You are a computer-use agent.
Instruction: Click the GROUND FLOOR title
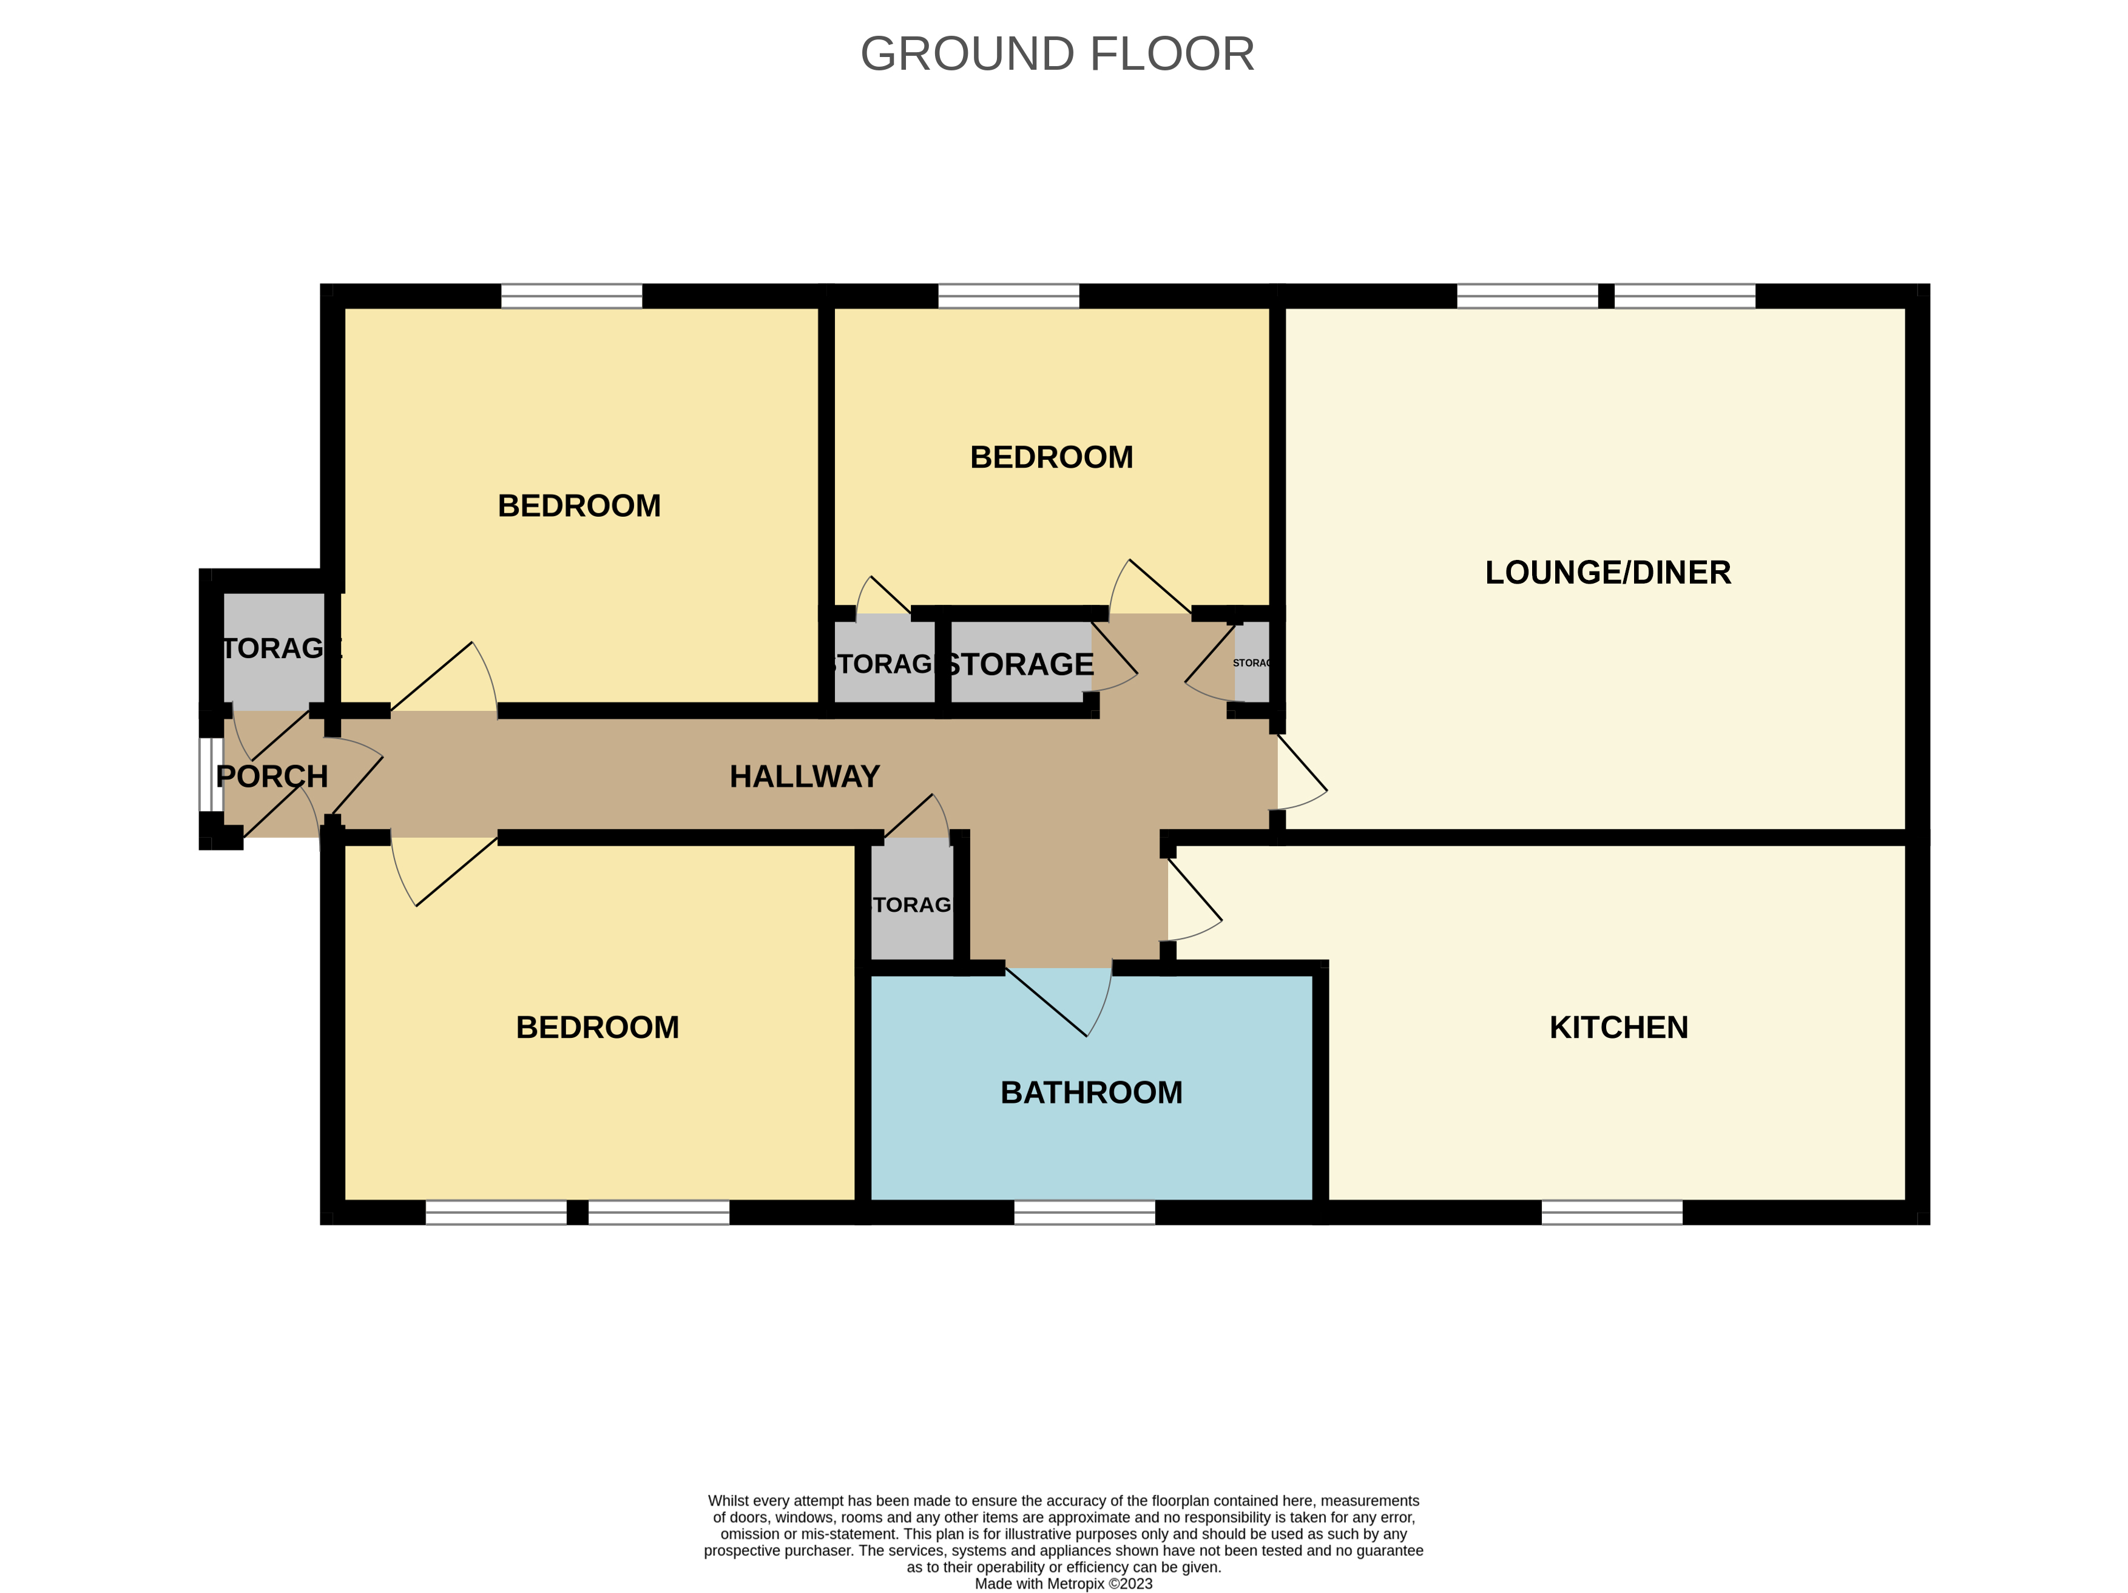coord(1057,54)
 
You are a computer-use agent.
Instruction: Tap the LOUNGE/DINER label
coord(1607,573)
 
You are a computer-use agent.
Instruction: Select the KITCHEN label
coord(1618,1028)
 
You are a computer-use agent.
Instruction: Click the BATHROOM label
coord(1091,1093)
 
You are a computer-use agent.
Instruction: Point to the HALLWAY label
coord(804,776)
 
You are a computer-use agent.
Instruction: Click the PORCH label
coord(272,776)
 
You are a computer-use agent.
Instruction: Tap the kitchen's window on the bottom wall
coord(1612,1212)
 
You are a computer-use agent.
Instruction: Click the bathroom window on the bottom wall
coord(1084,1212)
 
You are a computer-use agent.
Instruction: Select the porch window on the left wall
coord(211,775)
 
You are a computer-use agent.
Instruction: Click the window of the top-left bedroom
coord(572,296)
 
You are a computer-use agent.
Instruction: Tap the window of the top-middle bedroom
coord(1008,296)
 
